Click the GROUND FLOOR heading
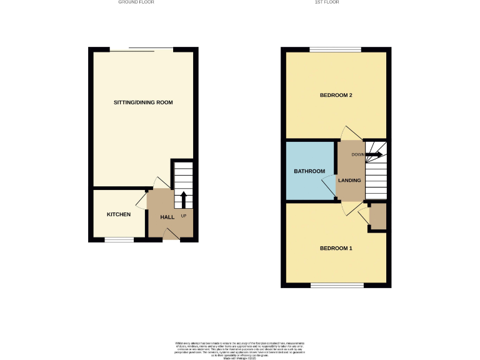[136, 2]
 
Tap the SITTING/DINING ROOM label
[143, 102]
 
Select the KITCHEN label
[119, 214]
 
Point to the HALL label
[167, 217]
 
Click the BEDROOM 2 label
[337, 96]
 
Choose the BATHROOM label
[309, 171]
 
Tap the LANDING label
[349, 181]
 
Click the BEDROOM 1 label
[336, 248]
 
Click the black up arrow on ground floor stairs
[184, 199]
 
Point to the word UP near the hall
[184, 216]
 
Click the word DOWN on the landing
[357, 154]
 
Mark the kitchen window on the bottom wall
[119, 239]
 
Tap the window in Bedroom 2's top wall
[335, 50]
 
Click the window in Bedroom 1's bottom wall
[337, 285]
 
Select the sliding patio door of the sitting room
[142, 49]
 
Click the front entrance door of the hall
[171, 234]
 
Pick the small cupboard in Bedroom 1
[377, 216]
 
